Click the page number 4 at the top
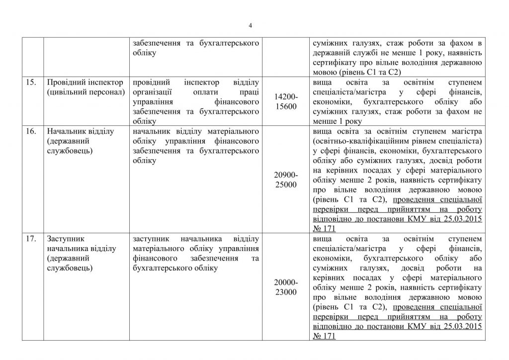(251, 26)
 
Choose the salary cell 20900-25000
(286, 180)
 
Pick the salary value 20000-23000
(286, 287)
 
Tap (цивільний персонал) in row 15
(84, 92)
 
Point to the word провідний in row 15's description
(150, 82)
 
